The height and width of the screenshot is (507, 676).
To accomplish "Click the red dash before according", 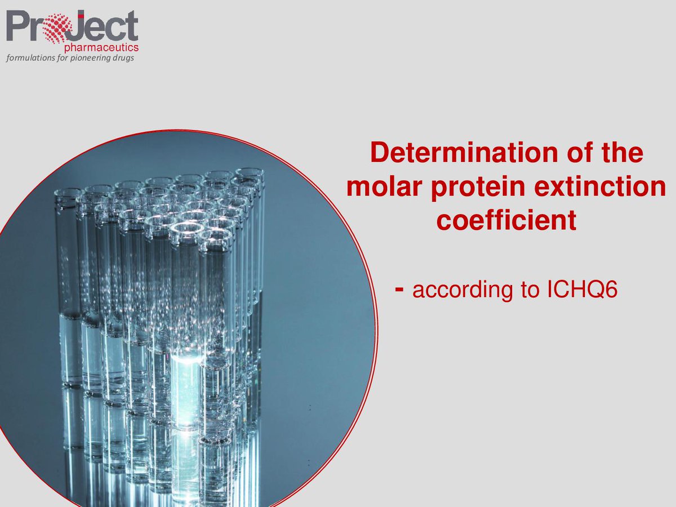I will coord(399,288).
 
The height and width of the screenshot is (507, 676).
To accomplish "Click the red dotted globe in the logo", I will coord(56,25).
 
